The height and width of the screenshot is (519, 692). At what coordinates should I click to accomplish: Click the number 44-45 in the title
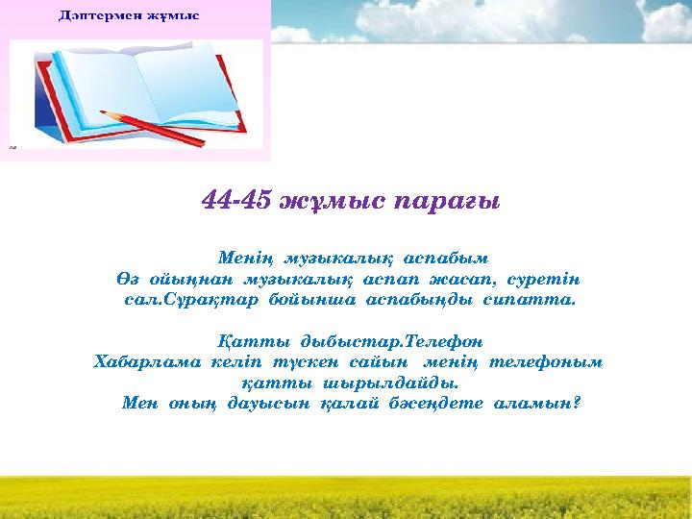point(236,201)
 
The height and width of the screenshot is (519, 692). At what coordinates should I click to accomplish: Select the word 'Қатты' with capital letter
point(245,341)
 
